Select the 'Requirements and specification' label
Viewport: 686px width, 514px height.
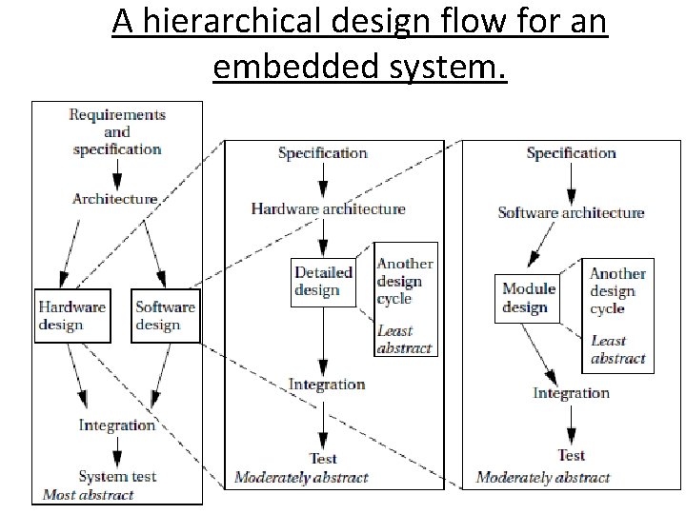tap(117, 131)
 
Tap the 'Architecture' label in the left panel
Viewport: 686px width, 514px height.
tap(114, 199)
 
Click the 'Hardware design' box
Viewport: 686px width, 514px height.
tap(72, 315)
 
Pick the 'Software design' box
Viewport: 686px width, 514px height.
tap(165, 315)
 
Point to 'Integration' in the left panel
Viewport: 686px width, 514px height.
tap(117, 425)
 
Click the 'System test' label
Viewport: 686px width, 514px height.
tap(117, 476)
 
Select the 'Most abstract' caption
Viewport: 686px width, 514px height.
tap(89, 495)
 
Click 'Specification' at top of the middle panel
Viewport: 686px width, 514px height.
tap(322, 152)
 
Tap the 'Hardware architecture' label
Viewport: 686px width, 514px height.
tap(328, 208)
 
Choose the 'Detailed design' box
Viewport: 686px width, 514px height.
tap(323, 281)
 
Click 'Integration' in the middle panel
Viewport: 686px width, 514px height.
tap(327, 385)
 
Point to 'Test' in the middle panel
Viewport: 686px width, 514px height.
tap(323, 459)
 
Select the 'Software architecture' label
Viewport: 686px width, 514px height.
tap(571, 212)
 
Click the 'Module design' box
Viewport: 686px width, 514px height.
tap(529, 297)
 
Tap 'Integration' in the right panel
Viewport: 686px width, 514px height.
tap(571, 393)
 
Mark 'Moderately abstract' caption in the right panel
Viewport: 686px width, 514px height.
tap(543, 477)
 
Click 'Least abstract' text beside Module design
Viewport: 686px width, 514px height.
tap(617, 349)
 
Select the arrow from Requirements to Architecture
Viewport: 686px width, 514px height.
tap(116, 173)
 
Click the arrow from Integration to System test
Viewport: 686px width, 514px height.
tap(116, 449)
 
